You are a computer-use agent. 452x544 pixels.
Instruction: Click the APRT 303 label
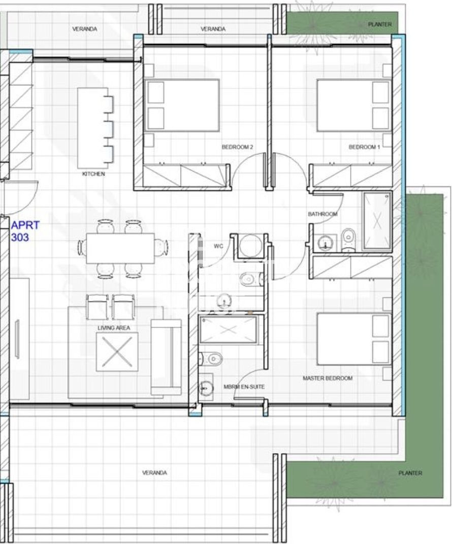click(25, 231)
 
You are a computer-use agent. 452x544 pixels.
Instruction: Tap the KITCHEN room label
click(93, 174)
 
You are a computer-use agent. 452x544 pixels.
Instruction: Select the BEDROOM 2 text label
click(238, 147)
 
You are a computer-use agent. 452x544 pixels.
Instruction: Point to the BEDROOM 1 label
click(364, 147)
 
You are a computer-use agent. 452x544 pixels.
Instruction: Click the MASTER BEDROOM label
click(328, 378)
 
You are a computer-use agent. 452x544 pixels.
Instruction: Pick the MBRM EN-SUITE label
click(244, 387)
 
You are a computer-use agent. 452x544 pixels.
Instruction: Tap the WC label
click(218, 246)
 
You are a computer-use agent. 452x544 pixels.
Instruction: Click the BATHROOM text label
click(322, 214)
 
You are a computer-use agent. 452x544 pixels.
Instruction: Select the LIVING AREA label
click(114, 328)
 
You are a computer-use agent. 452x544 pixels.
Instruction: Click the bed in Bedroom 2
click(182, 106)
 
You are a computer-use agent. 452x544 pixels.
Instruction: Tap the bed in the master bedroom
click(354, 339)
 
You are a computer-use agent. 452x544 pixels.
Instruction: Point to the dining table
click(120, 249)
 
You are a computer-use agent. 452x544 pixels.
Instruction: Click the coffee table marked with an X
click(117, 352)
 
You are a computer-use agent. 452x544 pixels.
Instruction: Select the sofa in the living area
click(166, 357)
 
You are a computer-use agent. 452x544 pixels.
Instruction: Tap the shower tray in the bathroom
click(377, 221)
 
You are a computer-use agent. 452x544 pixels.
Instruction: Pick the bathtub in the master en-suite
click(229, 330)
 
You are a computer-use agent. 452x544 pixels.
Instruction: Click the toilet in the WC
click(249, 279)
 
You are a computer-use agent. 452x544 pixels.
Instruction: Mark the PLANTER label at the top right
click(379, 24)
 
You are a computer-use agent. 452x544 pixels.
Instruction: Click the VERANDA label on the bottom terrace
click(154, 472)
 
